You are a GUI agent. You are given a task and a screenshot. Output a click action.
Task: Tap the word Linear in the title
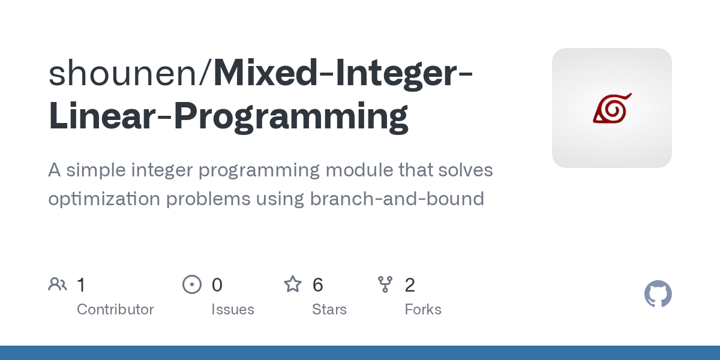click(x=105, y=116)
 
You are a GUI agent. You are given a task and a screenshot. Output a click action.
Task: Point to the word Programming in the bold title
click(x=291, y=116)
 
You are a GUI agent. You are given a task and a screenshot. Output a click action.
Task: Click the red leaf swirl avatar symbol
click(x=612, y=108)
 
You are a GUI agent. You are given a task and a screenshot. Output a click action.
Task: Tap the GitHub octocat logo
click(x=658, y=295)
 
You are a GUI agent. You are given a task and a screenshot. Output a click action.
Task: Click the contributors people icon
click(x=58, y=284)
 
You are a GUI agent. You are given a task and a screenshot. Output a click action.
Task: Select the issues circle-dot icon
click(x=192, y=284)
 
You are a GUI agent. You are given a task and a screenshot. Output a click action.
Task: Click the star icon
click(x=293, y=284)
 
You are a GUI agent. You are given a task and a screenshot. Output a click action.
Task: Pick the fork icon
click(x=385, y=284)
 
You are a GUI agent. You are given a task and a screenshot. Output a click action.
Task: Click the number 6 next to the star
click(x=318, y=285)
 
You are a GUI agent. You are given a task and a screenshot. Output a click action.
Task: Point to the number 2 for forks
click(x=410, y=285)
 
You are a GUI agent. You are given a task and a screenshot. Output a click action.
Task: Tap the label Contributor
click(x=115, y=310)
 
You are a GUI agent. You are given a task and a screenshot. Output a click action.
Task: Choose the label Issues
click(x=233, y=310)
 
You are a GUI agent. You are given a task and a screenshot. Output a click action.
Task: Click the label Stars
click(x=329, y=310)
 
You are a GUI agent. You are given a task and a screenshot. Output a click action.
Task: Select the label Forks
click(x=423, y=310)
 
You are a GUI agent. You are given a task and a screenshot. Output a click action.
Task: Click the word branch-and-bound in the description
click(x=397, y=199)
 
